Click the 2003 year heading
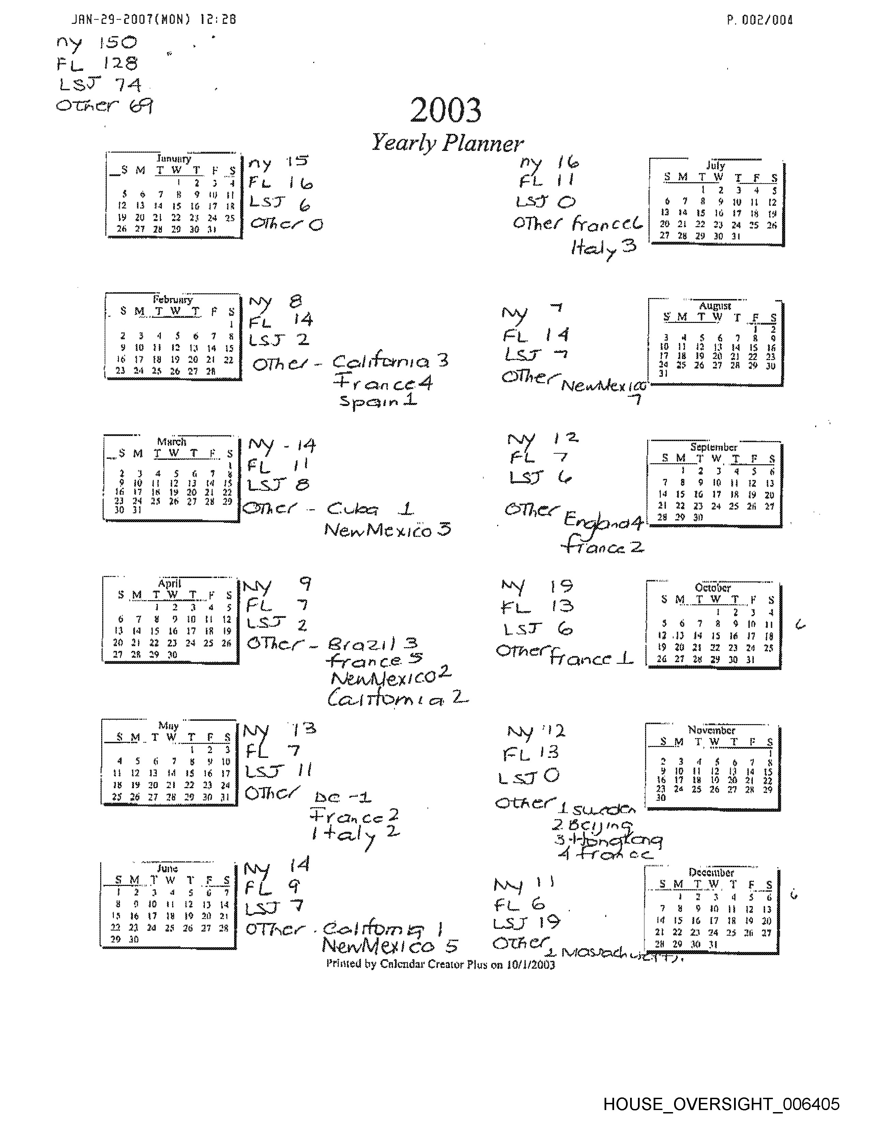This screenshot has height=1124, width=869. (445, 110)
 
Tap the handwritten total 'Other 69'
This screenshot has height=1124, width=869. (104, 106)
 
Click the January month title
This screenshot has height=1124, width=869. (173, 158)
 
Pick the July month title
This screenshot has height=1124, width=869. (716, 165)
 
